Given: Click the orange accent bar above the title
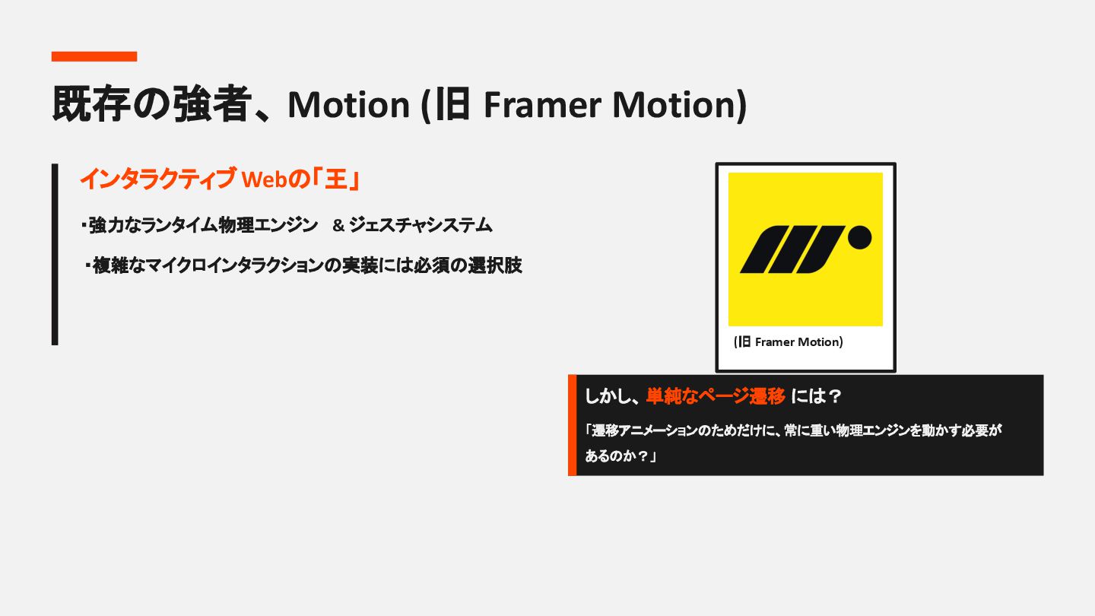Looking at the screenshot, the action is (x=94, y=56).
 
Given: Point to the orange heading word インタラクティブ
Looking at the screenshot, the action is (x=157, y=179).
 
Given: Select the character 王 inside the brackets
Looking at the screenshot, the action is (x=335, y=179).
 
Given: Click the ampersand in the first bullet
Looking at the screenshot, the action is (x=339, y=226).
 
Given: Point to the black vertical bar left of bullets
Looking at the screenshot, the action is (x=55, y=254).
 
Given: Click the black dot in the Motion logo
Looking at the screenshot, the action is (x=859, y=237).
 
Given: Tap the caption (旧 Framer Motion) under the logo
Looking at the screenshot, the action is (x=789, y=342).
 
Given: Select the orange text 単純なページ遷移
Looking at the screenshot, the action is (x=716, y=396).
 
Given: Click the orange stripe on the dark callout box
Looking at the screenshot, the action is (x=572, y=425).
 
